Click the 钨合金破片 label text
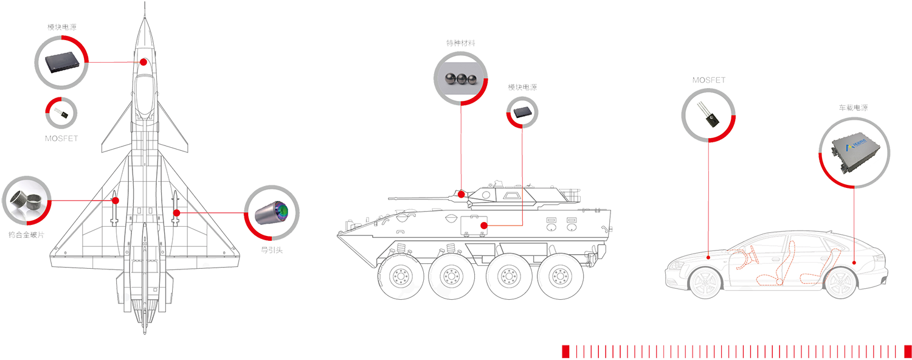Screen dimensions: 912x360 27,235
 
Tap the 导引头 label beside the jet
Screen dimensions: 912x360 272,250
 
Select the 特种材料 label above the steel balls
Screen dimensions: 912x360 460,43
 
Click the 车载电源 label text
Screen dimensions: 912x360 853,108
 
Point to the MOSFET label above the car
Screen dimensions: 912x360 709,80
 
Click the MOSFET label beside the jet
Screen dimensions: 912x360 61,139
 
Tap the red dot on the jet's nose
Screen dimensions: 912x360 143,62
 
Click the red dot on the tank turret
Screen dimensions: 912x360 461,194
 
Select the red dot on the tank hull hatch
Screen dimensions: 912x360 484,225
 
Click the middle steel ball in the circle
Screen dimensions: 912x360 461,78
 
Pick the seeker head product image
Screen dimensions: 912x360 272,213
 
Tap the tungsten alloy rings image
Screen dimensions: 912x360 26,201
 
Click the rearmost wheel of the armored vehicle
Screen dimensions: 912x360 560,277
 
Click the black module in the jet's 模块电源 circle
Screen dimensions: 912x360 62,62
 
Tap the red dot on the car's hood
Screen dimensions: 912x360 708,257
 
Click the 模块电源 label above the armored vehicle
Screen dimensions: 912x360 522,87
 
